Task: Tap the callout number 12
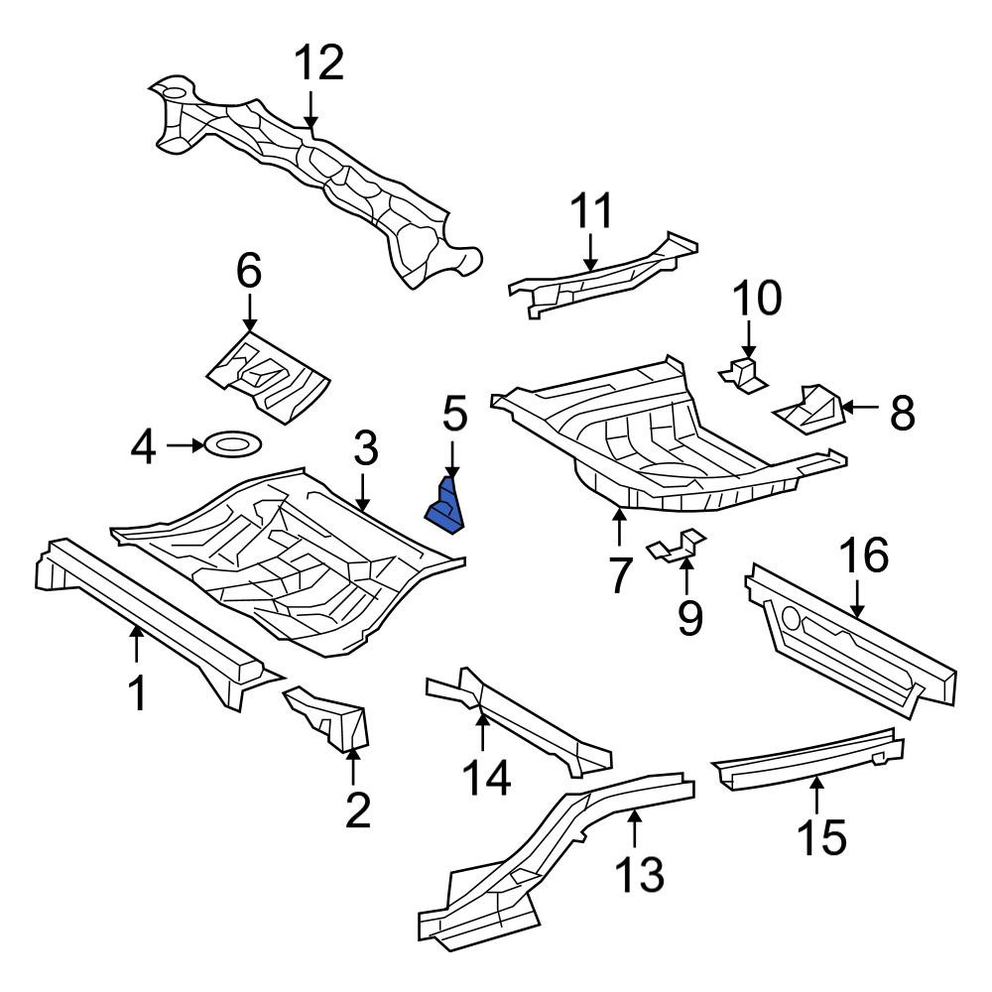(320, 62)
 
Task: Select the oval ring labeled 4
(233, 444)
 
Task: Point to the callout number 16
(864, 554)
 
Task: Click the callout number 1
(137, 693)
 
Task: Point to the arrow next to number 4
(185, 445)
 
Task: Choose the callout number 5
(455, 413)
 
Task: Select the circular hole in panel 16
(791, 617)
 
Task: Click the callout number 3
(366, 447)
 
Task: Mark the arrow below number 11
(590, 253)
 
